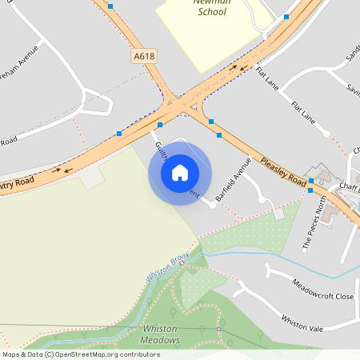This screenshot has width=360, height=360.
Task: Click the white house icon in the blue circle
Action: [x=179, y=172]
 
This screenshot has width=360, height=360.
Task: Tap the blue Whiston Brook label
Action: [x=167, y=267]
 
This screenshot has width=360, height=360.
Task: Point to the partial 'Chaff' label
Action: [x=349, y=187]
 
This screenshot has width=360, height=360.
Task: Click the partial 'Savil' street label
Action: [x=353, y=89]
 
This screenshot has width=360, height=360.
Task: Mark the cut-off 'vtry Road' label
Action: [x=17, y=185]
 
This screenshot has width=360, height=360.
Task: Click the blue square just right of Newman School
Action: [x=286, y=16]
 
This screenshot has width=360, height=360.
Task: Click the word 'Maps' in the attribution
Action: [x=11, y=354]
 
